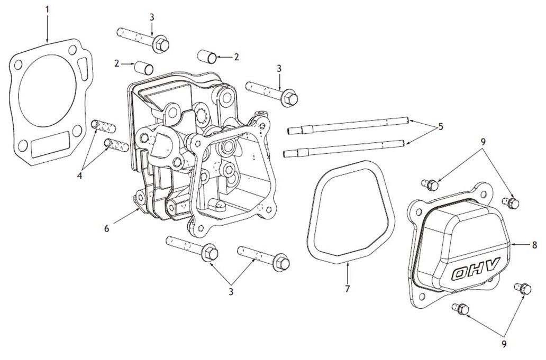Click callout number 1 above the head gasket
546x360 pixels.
point(48,9)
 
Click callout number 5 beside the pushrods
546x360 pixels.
point(441,127)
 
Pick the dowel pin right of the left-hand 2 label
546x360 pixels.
point(144,68)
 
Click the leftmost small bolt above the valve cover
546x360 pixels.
point(432,184)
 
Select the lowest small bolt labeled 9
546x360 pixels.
point(461,309)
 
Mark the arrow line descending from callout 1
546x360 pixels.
point(48,26)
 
